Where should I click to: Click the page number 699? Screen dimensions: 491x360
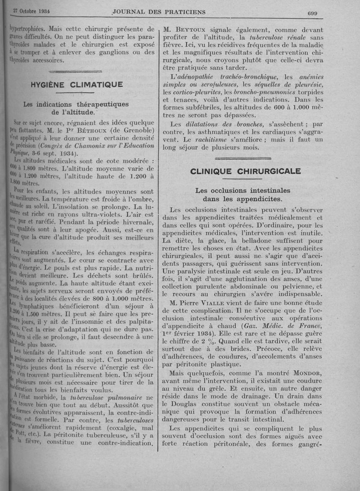click(312, 13)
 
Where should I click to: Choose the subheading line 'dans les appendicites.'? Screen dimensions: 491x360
click(243, 199)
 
